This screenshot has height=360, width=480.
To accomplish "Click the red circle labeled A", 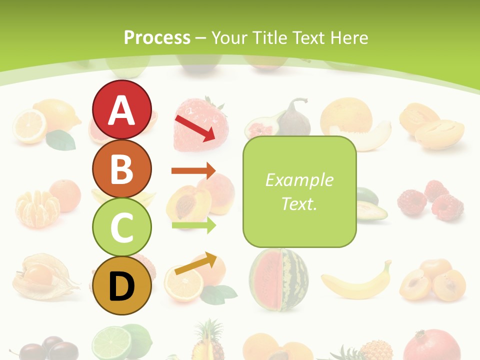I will click(x=121, y=109).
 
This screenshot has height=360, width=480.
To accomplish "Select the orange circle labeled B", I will click(x=121, y=168).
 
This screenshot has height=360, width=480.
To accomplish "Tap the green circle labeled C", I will click(x=121, y=227).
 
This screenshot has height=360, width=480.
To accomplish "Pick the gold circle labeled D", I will click(x=121, y=286).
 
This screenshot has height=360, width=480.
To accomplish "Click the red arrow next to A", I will click(x=195, y=127).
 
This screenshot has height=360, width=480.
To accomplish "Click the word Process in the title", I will click(x=157, y=37).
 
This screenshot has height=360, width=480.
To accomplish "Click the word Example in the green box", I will click(x=299, y=180).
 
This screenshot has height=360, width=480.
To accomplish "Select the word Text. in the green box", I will click(x=299, y=203).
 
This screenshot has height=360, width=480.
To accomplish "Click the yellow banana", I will click(x=356, y=282).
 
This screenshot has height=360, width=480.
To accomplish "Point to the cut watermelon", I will click(x=279, y=278).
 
